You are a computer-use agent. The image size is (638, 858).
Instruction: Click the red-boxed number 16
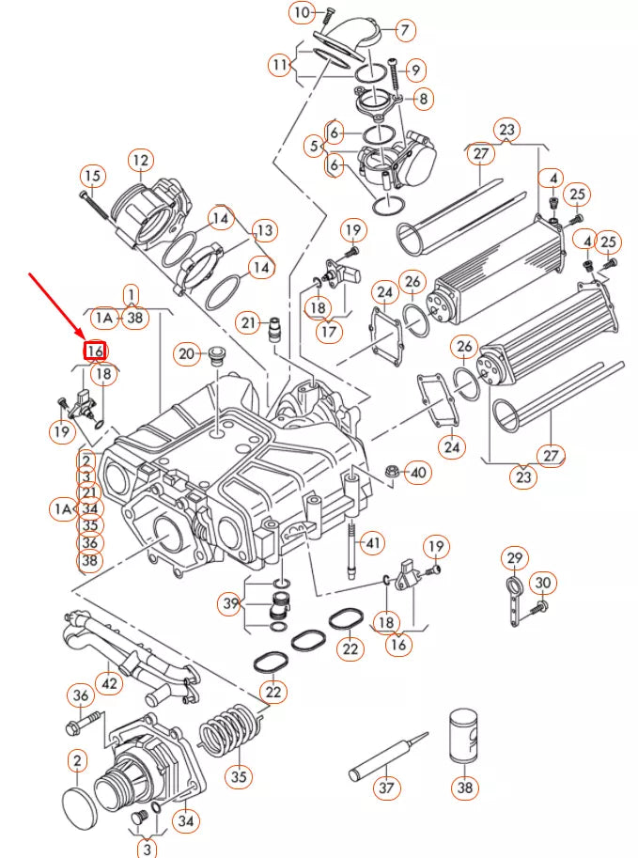[x=95, y=351]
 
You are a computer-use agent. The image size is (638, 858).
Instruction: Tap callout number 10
[x=302, y=13]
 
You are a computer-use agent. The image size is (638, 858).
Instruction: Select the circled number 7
[x=404, y=30]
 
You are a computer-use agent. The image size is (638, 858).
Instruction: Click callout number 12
[x=140, y=160]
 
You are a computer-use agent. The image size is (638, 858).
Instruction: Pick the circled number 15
[x=91, y=176]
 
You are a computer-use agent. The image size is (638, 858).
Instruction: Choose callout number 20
[x=186, y=354]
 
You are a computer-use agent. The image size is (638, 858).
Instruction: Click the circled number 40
[x=417, y=472]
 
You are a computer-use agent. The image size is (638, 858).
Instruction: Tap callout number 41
[x=374, y=542]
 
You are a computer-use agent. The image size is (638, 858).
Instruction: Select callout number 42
[x=110, y=683]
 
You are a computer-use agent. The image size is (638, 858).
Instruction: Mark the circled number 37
[x=387, y=788]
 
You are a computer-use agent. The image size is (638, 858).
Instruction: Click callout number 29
[x=514, y=558]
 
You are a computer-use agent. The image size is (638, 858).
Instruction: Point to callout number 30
[x=543, y=583]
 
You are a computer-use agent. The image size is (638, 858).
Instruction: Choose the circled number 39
[x=231, y=602]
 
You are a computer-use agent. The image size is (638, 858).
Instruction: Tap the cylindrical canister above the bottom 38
[x=464, y=739]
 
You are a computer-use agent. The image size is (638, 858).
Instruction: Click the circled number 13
[x=264, y=229]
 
